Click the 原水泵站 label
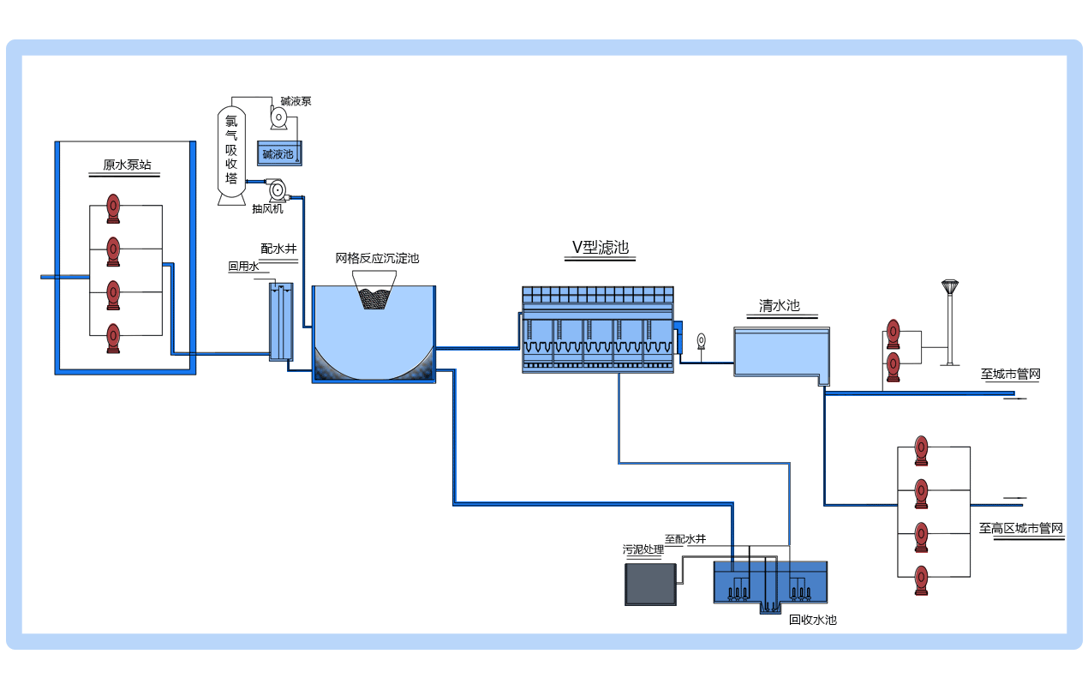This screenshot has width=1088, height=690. [x=127, y=165]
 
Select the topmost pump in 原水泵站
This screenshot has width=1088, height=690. [x=113, y=206]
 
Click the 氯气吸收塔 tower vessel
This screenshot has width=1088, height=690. [x=231, y=154]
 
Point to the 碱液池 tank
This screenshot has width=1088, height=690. [x=278, y=154]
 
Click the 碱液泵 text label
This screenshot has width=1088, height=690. [x=296, y=101]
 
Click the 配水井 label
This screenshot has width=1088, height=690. [x=278, y=249]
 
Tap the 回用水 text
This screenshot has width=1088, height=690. [x=242, y=267]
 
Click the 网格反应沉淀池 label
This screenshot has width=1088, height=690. [x=377, y=258]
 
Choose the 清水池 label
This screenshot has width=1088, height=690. [x=779, y=305]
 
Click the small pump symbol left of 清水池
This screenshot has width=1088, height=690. [x=702, y=340]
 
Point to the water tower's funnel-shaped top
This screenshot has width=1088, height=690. [x=949, y=286]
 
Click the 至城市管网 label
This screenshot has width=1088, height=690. [x=1010, y=374]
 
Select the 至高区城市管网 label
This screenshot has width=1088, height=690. [x=1021, y=528]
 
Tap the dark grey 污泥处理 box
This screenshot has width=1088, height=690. [x=649, y=585]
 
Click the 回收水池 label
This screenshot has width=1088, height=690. [x=812, y=620]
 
